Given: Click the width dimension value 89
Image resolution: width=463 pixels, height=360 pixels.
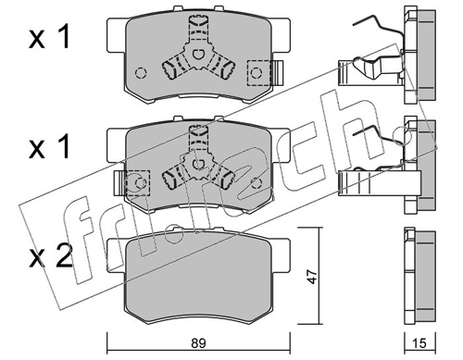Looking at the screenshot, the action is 198,343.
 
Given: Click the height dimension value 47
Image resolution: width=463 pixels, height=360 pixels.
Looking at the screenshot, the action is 313,276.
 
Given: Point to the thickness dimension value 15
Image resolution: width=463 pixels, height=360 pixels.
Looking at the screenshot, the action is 419,343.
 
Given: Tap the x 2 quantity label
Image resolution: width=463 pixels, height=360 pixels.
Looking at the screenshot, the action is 50,255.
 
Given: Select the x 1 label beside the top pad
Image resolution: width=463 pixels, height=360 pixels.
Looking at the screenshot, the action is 49,37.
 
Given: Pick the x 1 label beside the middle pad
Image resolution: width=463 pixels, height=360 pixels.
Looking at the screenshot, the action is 49,147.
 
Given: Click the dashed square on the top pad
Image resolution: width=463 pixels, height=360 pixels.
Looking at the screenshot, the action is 259,73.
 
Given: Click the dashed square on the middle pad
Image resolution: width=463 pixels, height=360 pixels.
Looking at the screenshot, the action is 138,182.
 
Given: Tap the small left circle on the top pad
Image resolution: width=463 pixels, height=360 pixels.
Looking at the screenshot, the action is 141,73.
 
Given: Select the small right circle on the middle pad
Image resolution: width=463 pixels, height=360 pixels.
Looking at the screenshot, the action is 257,183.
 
